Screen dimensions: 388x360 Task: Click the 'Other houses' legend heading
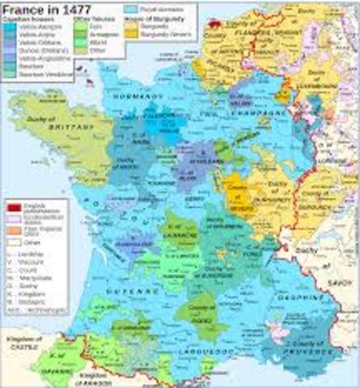point(89,16)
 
